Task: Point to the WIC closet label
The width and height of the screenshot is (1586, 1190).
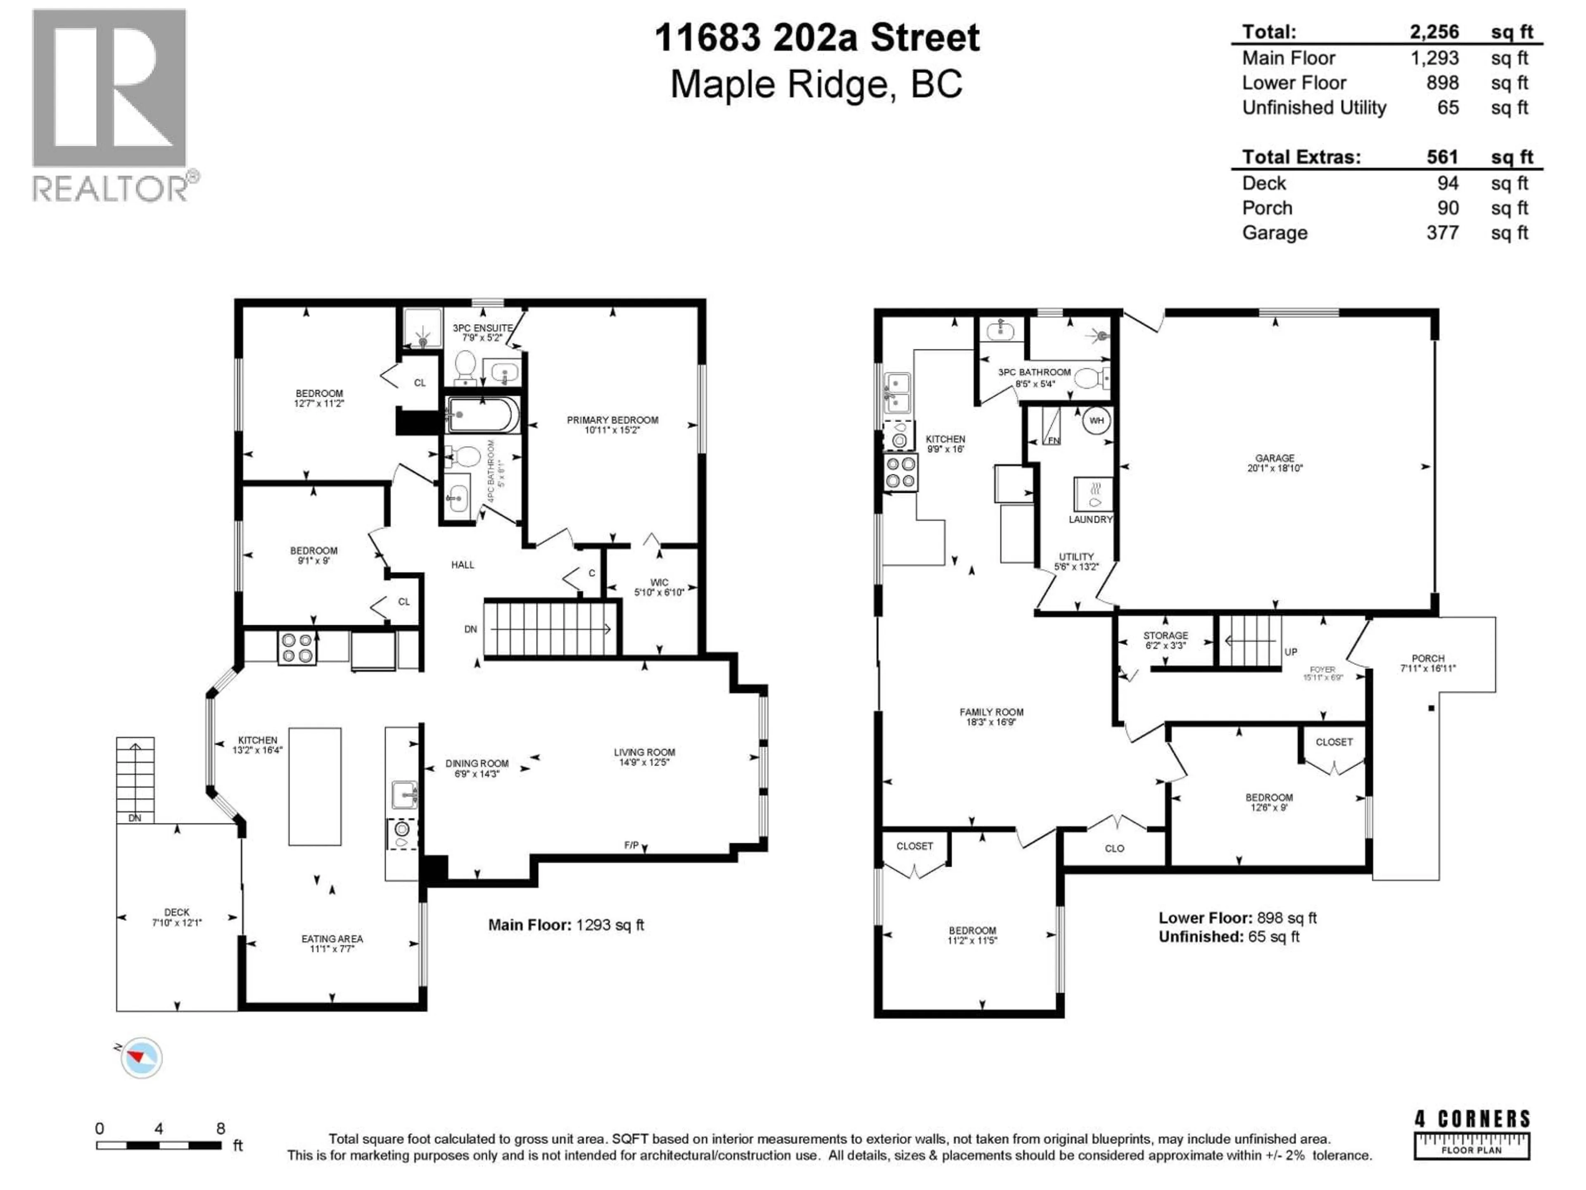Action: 659,583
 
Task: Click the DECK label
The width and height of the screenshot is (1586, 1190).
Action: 176,912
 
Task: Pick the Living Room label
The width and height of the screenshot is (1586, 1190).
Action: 644,752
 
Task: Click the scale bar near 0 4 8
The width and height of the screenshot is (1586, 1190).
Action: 159,1145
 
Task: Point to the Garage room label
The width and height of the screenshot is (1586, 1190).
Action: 1274,458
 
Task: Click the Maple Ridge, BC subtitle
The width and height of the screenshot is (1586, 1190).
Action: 816,85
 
